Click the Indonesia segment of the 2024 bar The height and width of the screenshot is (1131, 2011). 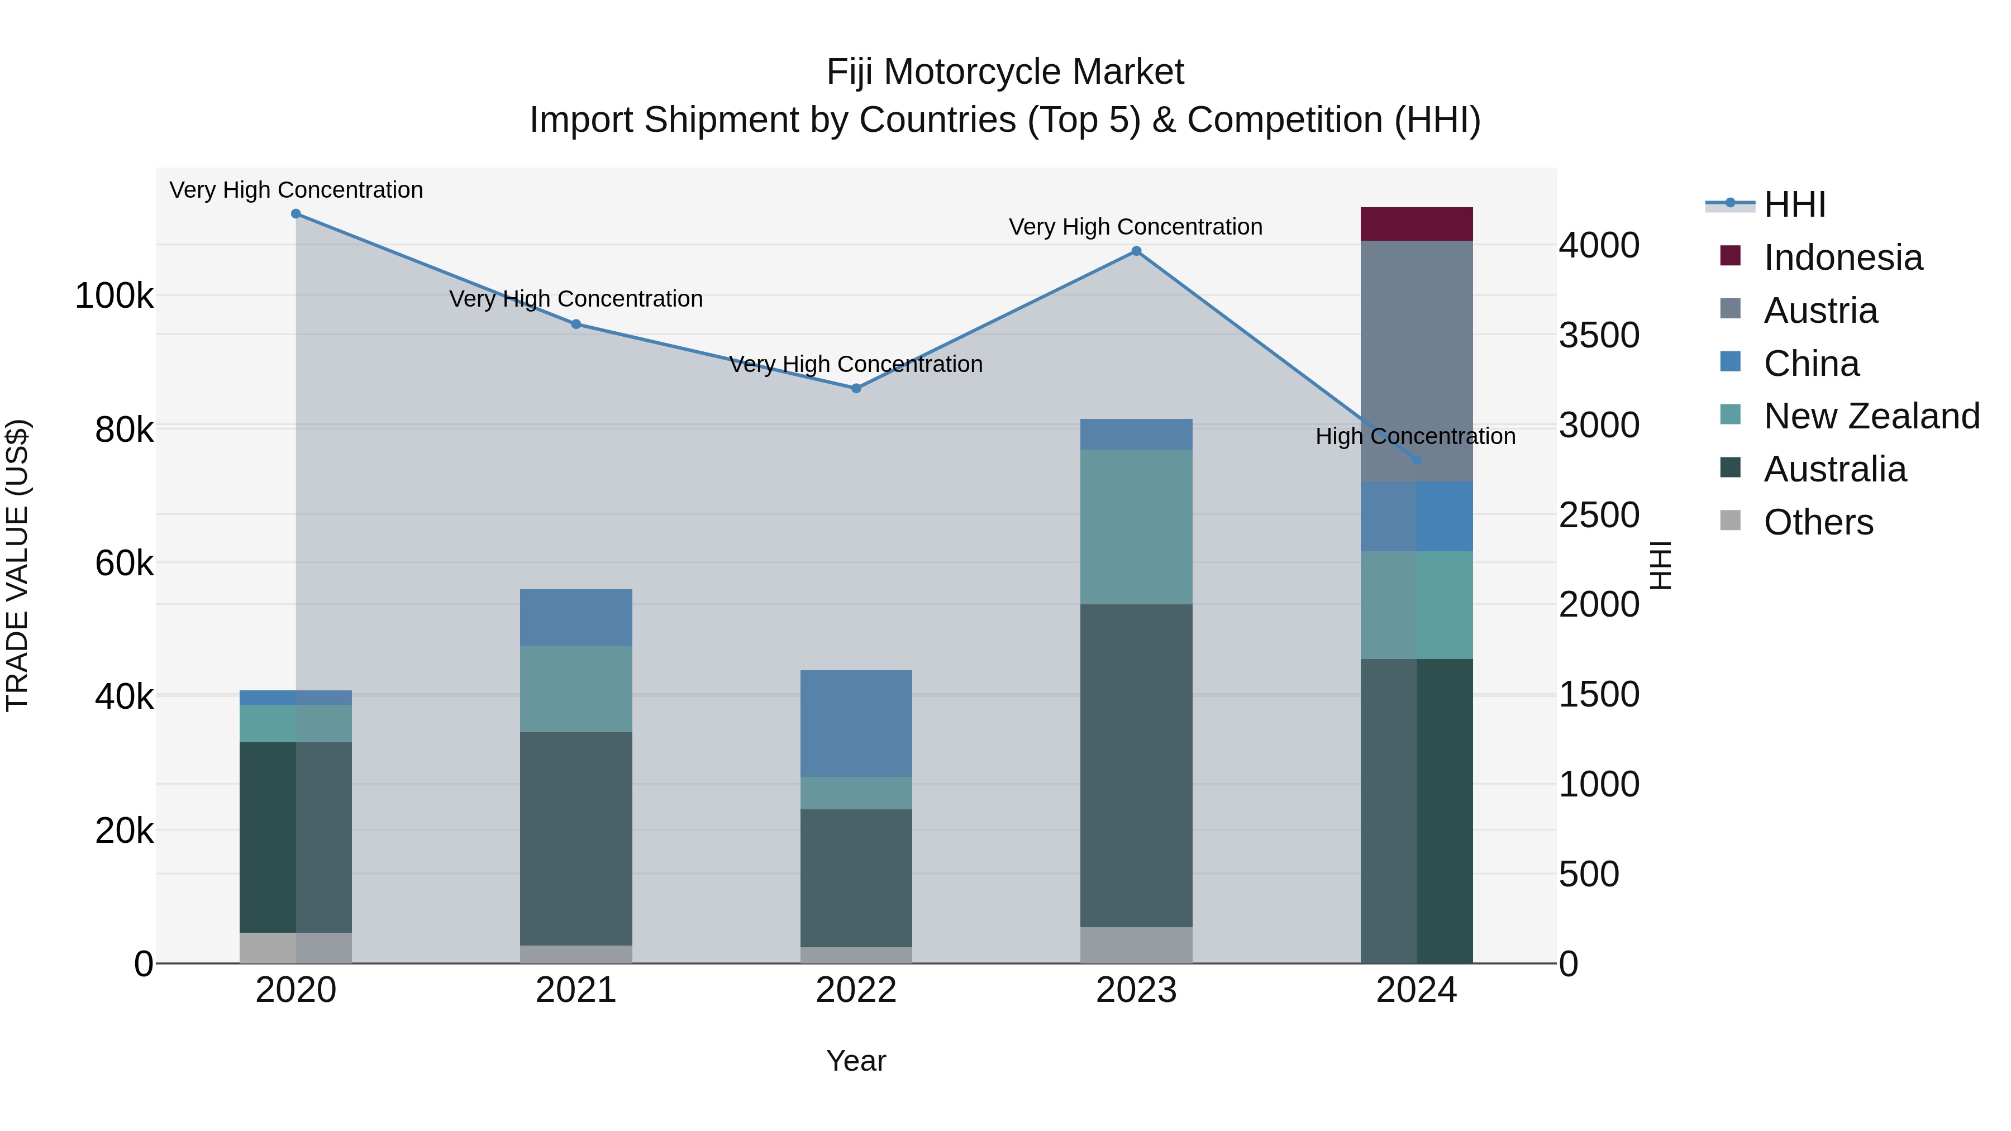tap(1416, 224)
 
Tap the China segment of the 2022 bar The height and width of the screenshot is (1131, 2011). tap(856, 723)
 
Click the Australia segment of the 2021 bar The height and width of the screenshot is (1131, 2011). tap(575, 838)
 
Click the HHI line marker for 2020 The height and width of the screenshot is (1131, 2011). tap(296, 214)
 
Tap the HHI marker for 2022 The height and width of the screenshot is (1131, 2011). tap(856, 388)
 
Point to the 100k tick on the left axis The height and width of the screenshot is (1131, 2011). tap(114, 296)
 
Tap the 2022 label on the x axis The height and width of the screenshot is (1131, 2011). tap(856, 990)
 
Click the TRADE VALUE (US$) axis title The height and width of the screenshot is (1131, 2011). tap(17, 565)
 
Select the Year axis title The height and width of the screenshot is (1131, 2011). tap(856, 1061)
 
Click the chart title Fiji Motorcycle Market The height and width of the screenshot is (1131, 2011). tap(1005, 72)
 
